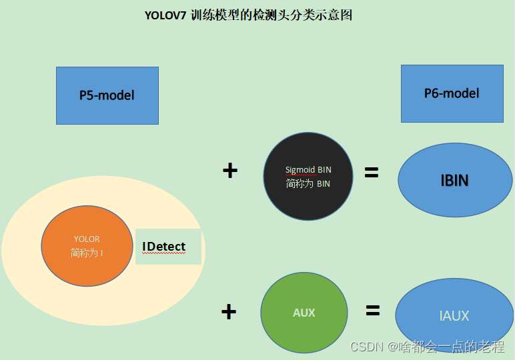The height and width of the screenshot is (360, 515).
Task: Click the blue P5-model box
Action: tap(107, 95)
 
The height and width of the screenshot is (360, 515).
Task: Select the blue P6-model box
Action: tap(452, 93)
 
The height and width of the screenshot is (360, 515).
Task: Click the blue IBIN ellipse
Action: tap(454, 180)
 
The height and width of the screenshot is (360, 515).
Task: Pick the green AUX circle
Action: tap(304, 313)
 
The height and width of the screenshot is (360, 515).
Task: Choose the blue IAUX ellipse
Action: tap(454, 315)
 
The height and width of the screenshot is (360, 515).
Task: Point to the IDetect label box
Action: tap(168, 247)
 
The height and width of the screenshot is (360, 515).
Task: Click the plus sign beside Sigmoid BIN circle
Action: tap(229, 171)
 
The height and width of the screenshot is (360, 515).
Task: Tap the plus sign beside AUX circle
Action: tap(229, 311)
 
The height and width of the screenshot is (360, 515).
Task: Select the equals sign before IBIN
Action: tap(372, 173)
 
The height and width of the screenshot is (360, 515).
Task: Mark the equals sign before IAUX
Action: tap(372, 310)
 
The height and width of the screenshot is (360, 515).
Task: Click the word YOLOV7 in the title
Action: tap(165, 15)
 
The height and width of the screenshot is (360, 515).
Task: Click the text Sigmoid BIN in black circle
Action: tap(308, 170)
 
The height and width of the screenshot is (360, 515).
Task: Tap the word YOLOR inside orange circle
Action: tap(87, 239)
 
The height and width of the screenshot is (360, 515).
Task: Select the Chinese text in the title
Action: tap(271, 15)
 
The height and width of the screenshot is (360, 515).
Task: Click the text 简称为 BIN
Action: tap(308, 184)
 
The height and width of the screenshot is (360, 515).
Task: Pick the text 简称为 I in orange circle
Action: tap(87, 253)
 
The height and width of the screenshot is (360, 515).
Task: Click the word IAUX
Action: tap(454, 316)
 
